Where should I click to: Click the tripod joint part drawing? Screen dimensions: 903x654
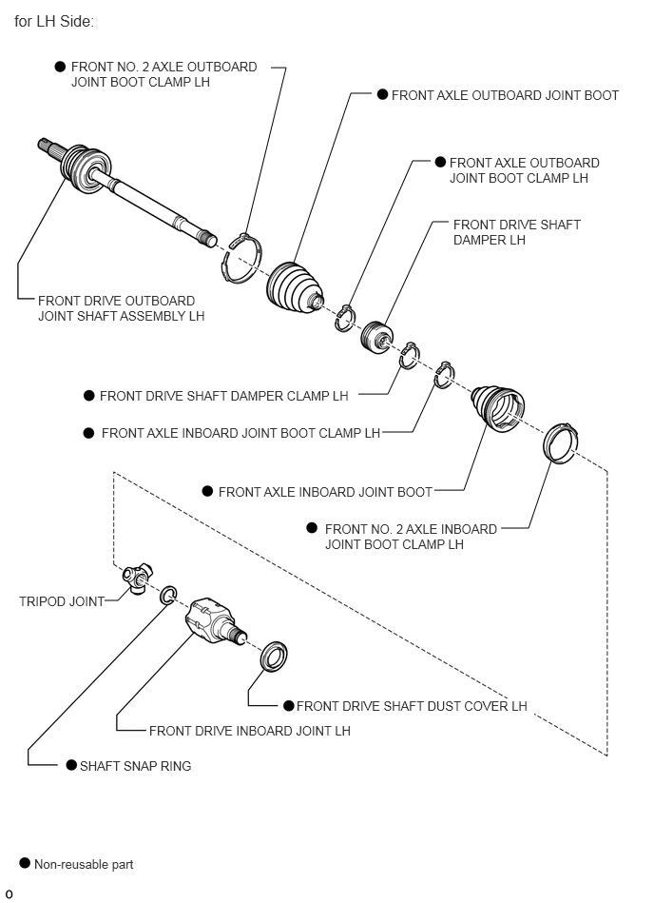pos(138,577)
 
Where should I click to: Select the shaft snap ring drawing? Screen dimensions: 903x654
pos(168,597)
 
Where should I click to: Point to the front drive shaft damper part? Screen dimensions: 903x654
pos(377,335)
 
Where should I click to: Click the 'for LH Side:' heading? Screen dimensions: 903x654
pos(54,20)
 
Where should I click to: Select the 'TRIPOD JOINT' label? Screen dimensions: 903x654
pos(62,601)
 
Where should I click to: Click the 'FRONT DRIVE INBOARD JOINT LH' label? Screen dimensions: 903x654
pos(249,731)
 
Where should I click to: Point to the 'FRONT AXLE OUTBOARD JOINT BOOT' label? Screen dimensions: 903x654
pos(505,95)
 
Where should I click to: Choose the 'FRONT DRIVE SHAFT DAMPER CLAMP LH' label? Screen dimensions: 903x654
pos(223,396)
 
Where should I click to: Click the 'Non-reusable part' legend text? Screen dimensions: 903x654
pos(84,865)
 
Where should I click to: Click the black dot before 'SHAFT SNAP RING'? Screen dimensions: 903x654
pos(71,765)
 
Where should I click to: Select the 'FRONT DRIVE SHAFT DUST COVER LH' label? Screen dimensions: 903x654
pos(412,706)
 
